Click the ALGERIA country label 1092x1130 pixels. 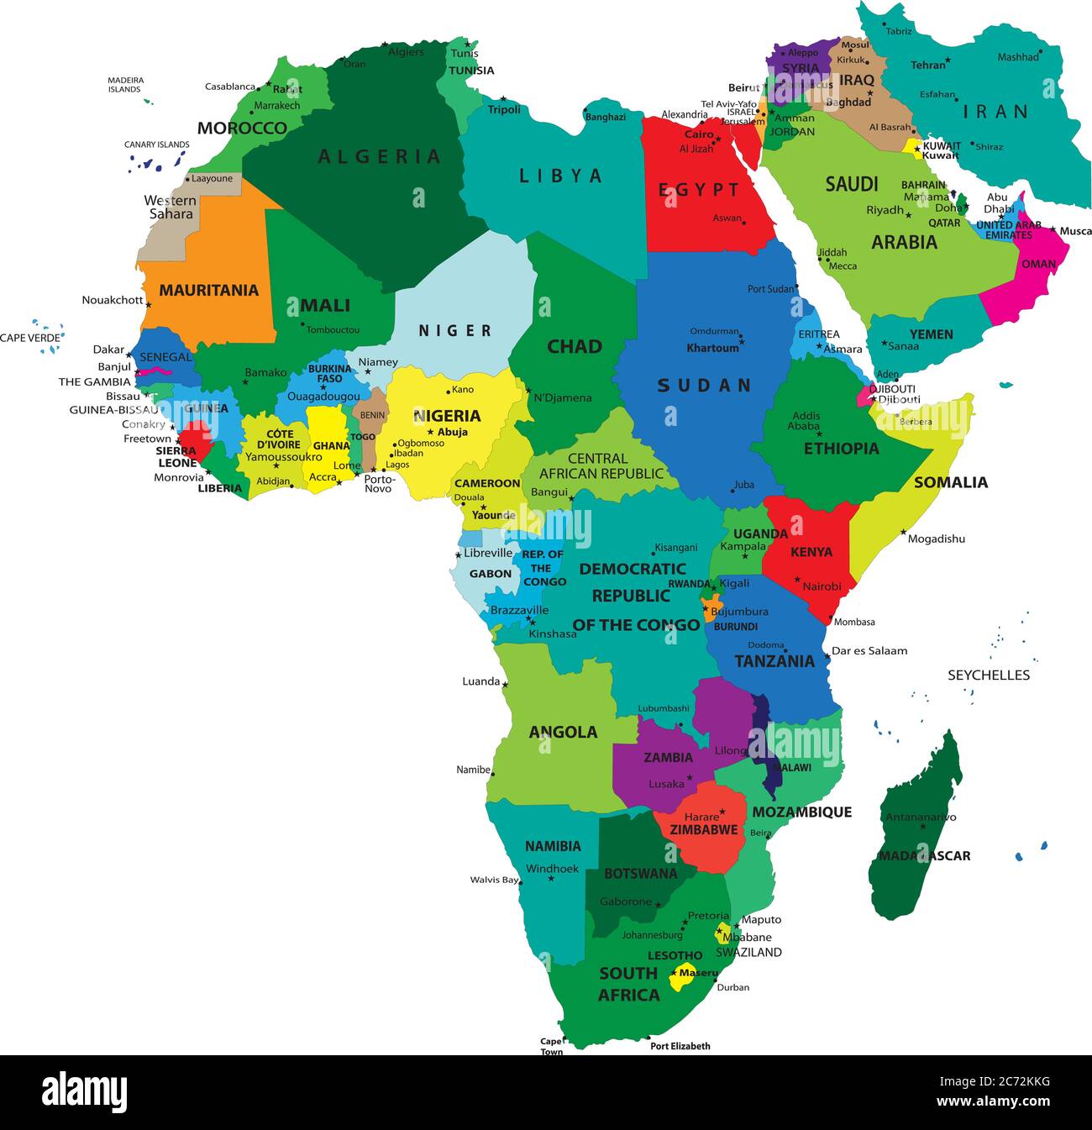tap(379, 156)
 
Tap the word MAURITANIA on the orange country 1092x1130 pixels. tap(208, 291)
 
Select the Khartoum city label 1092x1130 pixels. tap(712, 348)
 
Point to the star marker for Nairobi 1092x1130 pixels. tap(798, 579)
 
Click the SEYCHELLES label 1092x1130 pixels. tap(988, 675)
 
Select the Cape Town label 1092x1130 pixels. tap(551, 1046)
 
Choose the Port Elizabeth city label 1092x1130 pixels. tap(680, 1046)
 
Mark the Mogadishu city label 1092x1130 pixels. tap(936, 539)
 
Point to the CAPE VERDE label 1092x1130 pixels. tap(30, 338)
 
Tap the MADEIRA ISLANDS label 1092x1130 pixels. tap(125, 85)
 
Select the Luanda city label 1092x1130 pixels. tap(480, 681)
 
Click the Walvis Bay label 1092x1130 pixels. tap(494, 880)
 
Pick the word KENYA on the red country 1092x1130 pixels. tap(811, 552)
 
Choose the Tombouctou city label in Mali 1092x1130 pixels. tap(333, 330)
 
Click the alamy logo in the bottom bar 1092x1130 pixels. tap(85, 1092)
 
